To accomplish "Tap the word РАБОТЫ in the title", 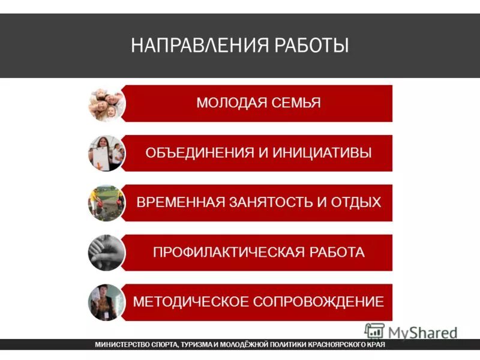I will pos(313,45).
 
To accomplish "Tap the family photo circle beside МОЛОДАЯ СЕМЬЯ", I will pos(106,103).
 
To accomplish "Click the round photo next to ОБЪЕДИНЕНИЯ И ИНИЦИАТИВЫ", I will pos(106,153).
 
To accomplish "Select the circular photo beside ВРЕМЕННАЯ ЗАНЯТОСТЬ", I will pos(106,203).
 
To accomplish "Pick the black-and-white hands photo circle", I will pos(106,253).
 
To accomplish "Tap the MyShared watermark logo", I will pos(410,332).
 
